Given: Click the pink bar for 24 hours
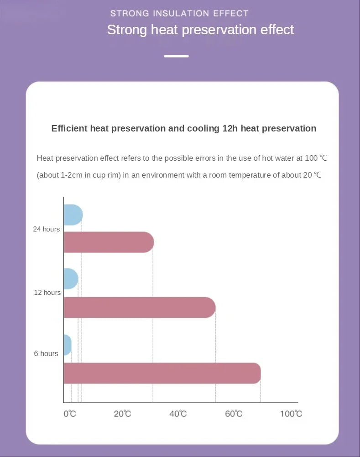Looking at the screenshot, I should coord(109,242).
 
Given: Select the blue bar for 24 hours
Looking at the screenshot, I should coord(73,215).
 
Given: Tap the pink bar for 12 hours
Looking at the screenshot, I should coord(139,307).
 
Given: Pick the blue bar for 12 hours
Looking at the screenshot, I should coord(70,278).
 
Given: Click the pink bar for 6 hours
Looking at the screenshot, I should coord(162,373).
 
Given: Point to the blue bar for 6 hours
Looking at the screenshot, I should coord(67,345).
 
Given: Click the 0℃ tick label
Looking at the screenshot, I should coord(69,414).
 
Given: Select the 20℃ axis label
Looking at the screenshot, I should coord(122,414).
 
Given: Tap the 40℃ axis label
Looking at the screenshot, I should coord(178,414).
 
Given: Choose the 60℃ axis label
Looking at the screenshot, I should coord(234,414).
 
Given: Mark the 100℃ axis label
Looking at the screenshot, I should coord(291,414).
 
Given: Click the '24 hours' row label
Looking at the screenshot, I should coord(47,229).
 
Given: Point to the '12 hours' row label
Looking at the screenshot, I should coord(47,292).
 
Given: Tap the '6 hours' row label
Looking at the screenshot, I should coord(46,353).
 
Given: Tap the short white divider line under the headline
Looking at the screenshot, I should coord(176,56).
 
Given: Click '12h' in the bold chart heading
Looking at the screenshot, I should coord(230,128).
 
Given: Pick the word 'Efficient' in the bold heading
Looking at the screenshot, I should coord(70,128).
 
